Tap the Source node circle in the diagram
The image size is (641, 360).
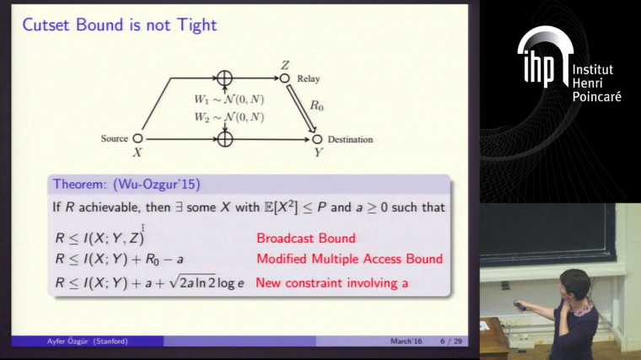coord(137,139)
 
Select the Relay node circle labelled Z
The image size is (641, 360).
coord(285,78)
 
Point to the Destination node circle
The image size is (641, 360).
coord(318,139)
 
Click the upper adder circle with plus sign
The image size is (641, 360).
coord(224,78)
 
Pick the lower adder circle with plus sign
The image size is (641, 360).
coord(224,139)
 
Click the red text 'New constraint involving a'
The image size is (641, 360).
coord(331,283)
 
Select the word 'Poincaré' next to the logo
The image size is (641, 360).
coord(596,97)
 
